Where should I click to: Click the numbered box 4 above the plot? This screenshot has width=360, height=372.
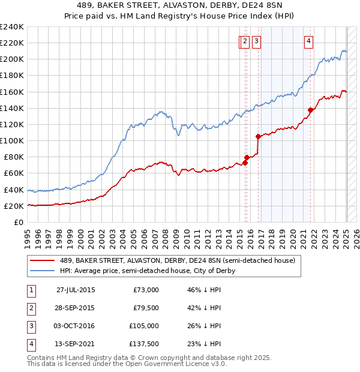(x=308, y=41)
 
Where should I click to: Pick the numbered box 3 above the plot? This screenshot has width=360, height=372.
(x=256, y=41)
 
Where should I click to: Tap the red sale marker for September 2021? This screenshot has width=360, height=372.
(x=311, y=110)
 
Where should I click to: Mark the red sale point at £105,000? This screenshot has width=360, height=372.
(x=258, y=136)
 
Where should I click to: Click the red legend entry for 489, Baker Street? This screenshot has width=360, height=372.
(x=177, y=260)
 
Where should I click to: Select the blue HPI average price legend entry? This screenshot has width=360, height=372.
(x=148, y=271)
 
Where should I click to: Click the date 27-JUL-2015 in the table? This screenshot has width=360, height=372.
(x=76, y=289)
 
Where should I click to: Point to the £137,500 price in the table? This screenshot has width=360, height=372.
(x=145, y=344)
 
